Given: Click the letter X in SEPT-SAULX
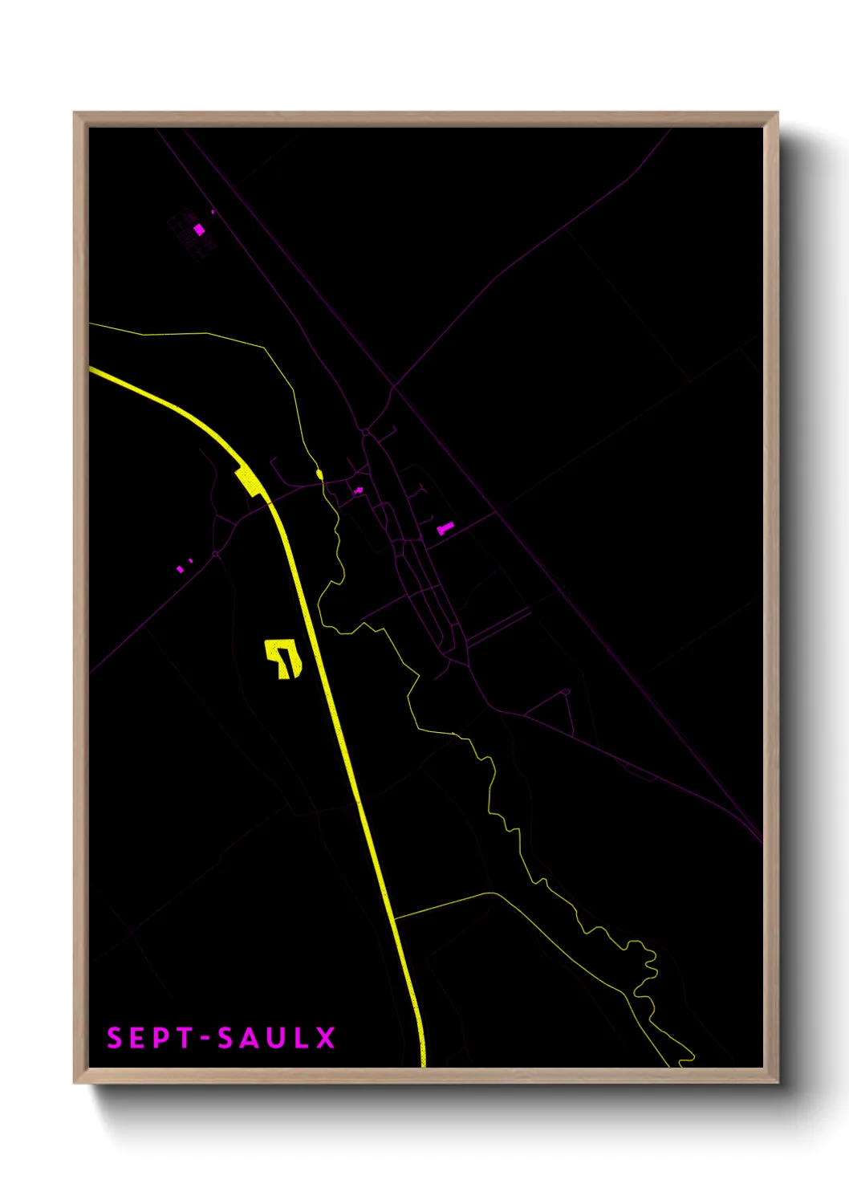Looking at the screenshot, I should pyautogui.click(x=325, y=1038).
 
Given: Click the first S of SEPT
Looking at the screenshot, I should pyautogui.click(x=115, y=1038).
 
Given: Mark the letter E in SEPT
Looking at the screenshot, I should pyautogui.click(x=137, y=1038).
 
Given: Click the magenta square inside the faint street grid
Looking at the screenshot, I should pyautogui.click(x=199, y=230).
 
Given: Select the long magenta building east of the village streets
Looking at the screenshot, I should pyautogui.click(x=445, y=527).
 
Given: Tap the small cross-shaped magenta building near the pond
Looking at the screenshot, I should pyautogui.click(x=358, y=490).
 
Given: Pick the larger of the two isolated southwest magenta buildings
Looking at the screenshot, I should pyautogui.click(x=180, y=569).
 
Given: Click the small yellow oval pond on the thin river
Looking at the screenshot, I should pyautogui.click(x=319, y=474).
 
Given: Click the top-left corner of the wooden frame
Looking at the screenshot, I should pyautogui.click(x=75, y=113).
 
